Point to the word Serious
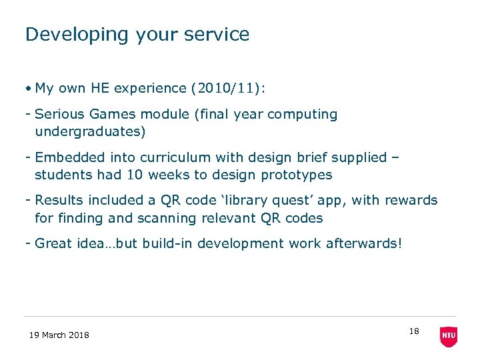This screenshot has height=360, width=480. (x=59, y=115)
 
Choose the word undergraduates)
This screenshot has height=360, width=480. (x=90, y=131)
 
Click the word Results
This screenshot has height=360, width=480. (x=59, y=200)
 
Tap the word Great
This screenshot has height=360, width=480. (x=53, y=244)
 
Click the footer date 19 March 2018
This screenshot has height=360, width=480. (x=59, y=335)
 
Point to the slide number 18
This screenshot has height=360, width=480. (x=414, y=331)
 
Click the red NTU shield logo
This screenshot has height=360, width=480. (x=449, y=337)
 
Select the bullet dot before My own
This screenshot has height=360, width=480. (x=29, y=89)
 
